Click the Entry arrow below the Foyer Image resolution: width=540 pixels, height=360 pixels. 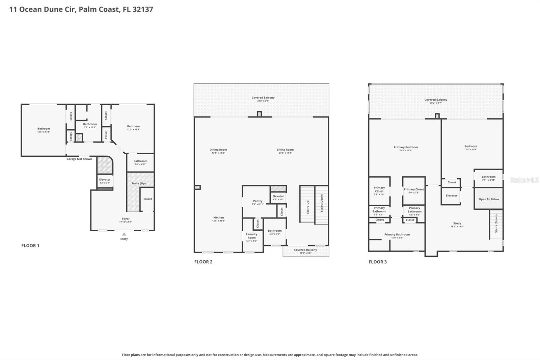tap(124, 234)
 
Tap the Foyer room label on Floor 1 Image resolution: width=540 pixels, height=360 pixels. tap(126, 219)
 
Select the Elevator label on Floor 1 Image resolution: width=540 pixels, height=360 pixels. tap(105, 180)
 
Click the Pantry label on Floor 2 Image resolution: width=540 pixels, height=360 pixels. tap(258, 201)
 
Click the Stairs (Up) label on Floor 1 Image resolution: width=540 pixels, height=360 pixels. tap(138, 183)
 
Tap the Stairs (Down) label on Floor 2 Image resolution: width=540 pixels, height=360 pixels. tap(322, 203)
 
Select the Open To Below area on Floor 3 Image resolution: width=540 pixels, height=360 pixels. tap(489, 199)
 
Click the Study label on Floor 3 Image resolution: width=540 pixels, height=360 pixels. tap(457, 223)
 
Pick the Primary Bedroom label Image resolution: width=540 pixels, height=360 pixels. tap(405, 147)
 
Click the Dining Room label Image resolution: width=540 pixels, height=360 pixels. tap(218, 150)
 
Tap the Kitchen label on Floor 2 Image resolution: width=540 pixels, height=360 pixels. tap(218, 217)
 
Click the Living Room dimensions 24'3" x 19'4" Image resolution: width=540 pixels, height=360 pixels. tap(285, 153)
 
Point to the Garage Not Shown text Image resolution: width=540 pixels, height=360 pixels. tap(79, 159)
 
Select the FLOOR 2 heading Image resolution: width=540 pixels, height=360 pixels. tap(203, 262)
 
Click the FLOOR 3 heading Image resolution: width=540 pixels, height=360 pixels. tap(378, 262)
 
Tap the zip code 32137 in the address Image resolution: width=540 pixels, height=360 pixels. tap(143, 9)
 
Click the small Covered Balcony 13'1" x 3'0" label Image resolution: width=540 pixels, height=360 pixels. tap(305, 251)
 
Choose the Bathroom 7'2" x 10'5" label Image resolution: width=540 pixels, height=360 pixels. tap(90, 126)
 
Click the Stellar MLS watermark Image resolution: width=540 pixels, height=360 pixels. tap(524, 180)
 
